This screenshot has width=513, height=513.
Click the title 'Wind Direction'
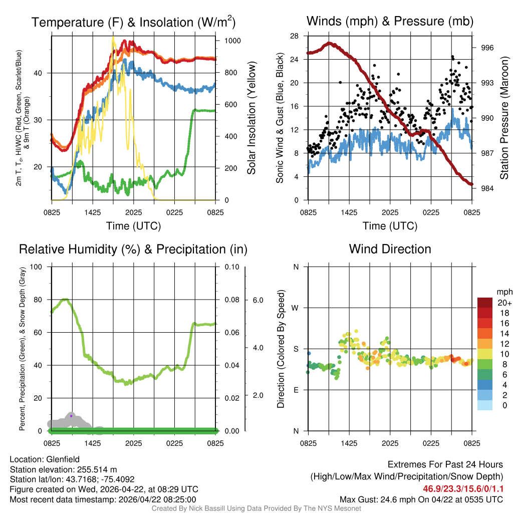[390, 249]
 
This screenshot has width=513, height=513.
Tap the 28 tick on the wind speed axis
[295, 36]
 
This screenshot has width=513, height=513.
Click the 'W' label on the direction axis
[295, 308]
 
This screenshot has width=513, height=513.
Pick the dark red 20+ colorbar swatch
[485, 303]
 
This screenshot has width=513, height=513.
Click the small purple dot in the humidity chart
[71, 416]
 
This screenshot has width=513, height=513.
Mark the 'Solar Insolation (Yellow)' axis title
[251, 118]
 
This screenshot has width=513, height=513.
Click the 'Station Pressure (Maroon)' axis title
[504, 118]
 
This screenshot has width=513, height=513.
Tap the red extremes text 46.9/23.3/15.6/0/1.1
[463, 489]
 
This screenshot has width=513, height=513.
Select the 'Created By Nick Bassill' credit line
[256, 508]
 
